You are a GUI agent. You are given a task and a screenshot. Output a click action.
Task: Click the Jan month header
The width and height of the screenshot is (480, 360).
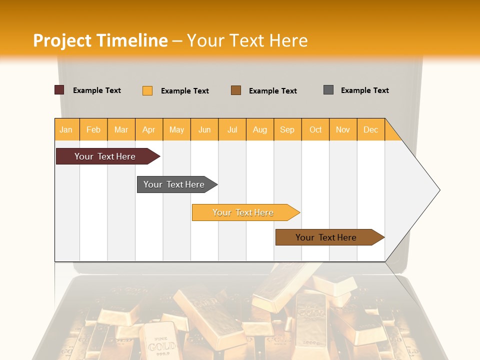coord(66,129)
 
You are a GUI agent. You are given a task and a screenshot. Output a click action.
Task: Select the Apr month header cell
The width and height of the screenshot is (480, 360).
coord(149,129)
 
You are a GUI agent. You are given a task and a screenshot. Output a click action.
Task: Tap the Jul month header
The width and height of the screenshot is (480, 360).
coord(232,129)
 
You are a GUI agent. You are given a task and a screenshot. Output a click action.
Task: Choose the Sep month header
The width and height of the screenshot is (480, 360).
coord(287,129)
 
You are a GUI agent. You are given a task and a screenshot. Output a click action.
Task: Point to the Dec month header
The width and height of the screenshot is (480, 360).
coord(370,129)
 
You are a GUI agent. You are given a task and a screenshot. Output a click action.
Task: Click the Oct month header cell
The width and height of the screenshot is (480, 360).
coord(315,129)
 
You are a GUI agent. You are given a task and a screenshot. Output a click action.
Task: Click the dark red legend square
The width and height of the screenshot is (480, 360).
coord(59,90)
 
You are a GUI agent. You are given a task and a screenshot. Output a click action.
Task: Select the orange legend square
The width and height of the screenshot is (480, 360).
coord(147,90)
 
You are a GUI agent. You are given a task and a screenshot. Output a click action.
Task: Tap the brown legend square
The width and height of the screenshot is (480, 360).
coord(236,90)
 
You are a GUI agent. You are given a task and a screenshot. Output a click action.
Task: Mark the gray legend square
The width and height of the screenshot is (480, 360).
coord(328,90)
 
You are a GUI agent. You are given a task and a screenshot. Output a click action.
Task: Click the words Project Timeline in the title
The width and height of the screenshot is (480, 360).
coord(100,40)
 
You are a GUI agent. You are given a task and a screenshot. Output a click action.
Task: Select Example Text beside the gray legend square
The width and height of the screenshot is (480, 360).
coord(364,90)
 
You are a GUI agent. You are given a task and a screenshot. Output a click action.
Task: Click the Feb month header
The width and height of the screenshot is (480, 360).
coord(93,129)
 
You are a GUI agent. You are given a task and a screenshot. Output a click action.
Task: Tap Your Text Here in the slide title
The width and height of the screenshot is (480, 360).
coord(247,40)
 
